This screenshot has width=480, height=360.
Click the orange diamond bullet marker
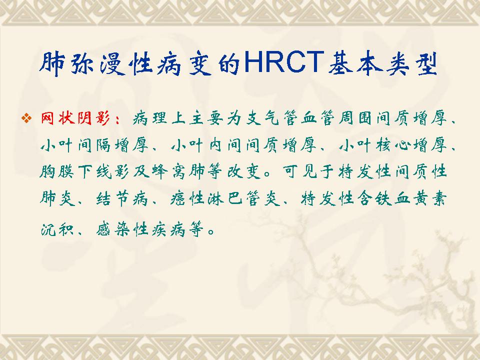pos(26,118)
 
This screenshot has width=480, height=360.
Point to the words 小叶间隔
pos(75,144)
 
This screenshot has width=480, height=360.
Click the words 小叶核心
pos(374,144)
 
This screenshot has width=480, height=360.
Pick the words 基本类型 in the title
pos(382,63)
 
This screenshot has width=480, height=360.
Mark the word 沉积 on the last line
pos(57,229)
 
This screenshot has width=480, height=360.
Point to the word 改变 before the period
pos(243,171)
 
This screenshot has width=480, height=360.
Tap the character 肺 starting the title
pos(52,63)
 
